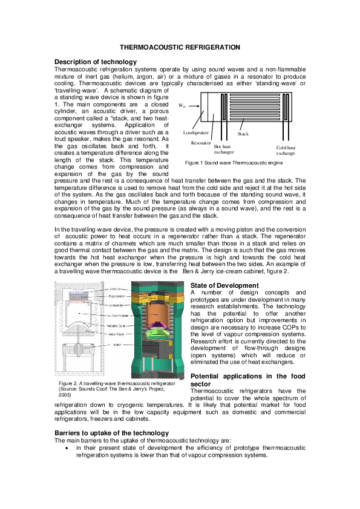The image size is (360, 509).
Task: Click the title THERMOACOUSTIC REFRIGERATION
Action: pos(180,47)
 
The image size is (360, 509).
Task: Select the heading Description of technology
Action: pos(95,62)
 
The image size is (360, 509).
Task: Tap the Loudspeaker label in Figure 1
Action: pos(195,132)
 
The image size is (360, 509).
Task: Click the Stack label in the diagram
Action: pos(243,133)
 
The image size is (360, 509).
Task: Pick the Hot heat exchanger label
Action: pos(223,149)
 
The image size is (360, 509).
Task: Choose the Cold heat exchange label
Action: pos(286,151)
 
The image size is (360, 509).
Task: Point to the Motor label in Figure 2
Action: pos(114,345)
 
